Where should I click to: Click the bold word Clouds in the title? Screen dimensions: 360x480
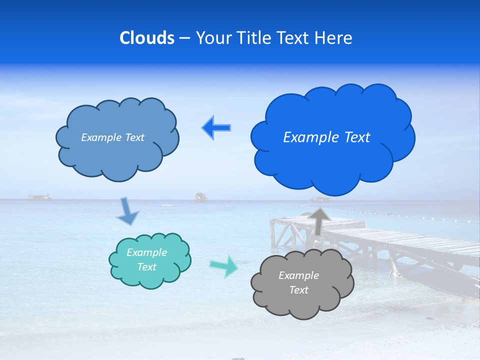coord(147,38)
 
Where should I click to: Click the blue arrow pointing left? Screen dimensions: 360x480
coord(216,127)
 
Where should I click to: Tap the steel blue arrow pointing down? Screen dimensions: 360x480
coord(127,211)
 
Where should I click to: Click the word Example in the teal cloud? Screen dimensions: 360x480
coord(146,252)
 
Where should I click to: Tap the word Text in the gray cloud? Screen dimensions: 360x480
coord(298,290)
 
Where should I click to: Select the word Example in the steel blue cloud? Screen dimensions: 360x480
coord(99,137)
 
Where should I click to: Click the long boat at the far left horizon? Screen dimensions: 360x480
coord(39,197)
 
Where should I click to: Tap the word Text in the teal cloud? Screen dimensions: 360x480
coord(146,267)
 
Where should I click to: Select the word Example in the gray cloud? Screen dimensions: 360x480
coord(298,275)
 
